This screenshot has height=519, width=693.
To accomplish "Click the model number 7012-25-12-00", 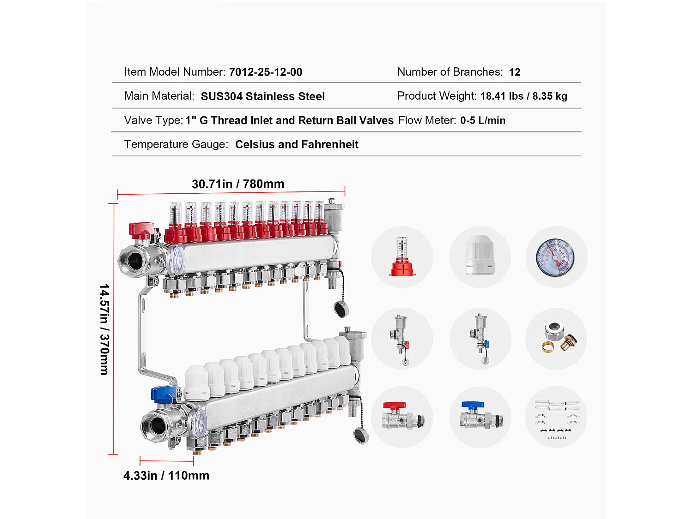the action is pos(266,72).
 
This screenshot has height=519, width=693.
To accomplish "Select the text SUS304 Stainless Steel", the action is pos(263,96).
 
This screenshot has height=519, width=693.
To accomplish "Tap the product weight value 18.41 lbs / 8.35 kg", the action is pos(524,96).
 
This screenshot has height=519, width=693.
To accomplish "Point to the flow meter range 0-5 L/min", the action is pos(483,120).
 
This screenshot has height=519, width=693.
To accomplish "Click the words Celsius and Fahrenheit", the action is pos(297,144).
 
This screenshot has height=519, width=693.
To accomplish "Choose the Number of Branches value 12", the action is pos(515,72).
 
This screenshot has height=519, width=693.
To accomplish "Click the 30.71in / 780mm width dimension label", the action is pos(238,184).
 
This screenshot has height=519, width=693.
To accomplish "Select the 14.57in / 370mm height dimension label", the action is pos(104,329).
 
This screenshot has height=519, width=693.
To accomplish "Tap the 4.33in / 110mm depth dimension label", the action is pos(166,476).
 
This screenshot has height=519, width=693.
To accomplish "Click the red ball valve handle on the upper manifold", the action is pos(141,230).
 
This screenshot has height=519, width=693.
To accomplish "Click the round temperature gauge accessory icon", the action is pos(556,257).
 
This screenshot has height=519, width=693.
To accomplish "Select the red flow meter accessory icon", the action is pos(402,257).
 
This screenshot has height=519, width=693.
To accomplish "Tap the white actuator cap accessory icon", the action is pos(480,255).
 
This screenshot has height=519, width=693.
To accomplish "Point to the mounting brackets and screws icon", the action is pos(557,419).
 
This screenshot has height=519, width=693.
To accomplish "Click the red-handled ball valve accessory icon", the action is pos(403,415).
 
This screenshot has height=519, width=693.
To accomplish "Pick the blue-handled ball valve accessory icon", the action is pos(481,415).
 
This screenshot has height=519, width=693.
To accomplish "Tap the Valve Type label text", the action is pos(153,120).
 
